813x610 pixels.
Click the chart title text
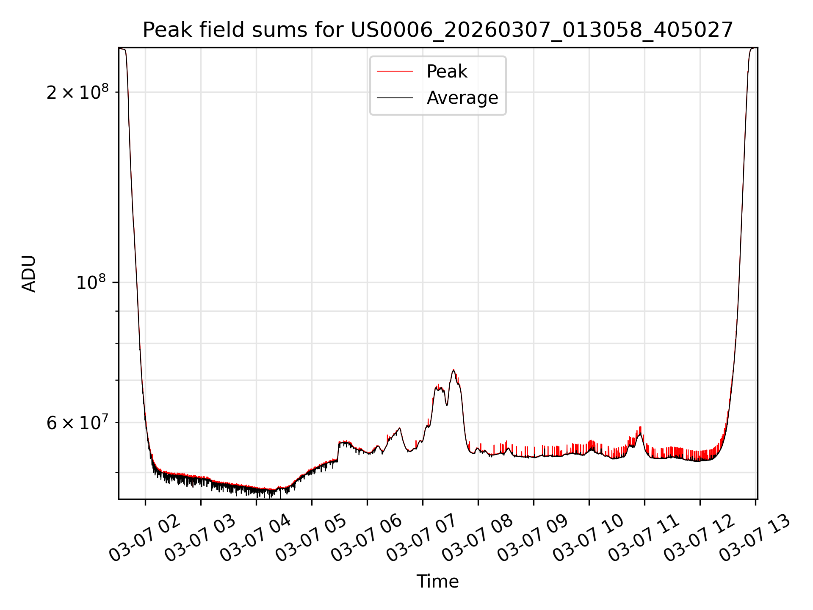pos(437,30)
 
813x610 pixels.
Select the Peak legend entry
pos(446,72)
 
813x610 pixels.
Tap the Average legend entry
pos(462,98)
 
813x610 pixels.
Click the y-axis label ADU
pos(29,274)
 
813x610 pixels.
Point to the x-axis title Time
pos(437,582)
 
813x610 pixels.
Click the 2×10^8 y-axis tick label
pos(77,92)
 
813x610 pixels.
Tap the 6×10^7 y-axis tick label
pos(77,423)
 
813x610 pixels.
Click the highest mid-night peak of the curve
pos(454,370)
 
